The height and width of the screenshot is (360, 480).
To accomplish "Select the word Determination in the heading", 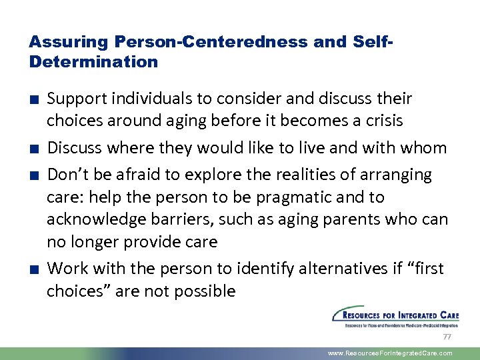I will pyautogui.click(x=94, y=62).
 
